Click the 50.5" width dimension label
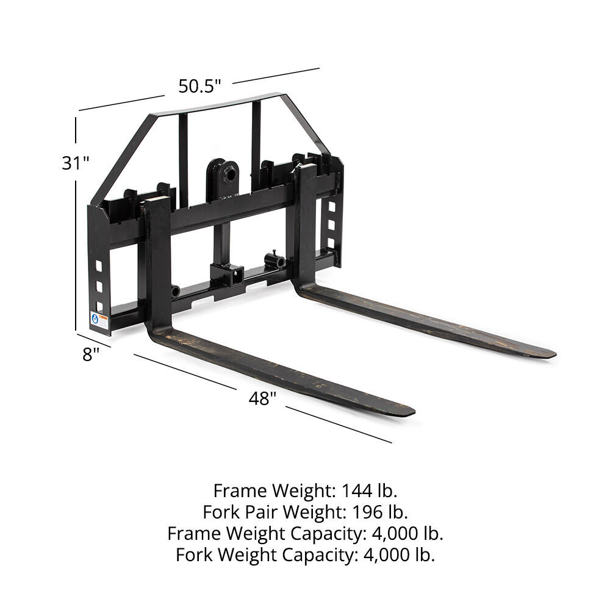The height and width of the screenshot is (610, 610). [199, 86]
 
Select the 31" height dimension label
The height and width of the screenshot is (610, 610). [76, 163]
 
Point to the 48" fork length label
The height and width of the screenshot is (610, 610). [262, 399]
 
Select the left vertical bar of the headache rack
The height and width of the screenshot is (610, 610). [183, 152]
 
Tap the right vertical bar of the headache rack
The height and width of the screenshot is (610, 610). [256, 137]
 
